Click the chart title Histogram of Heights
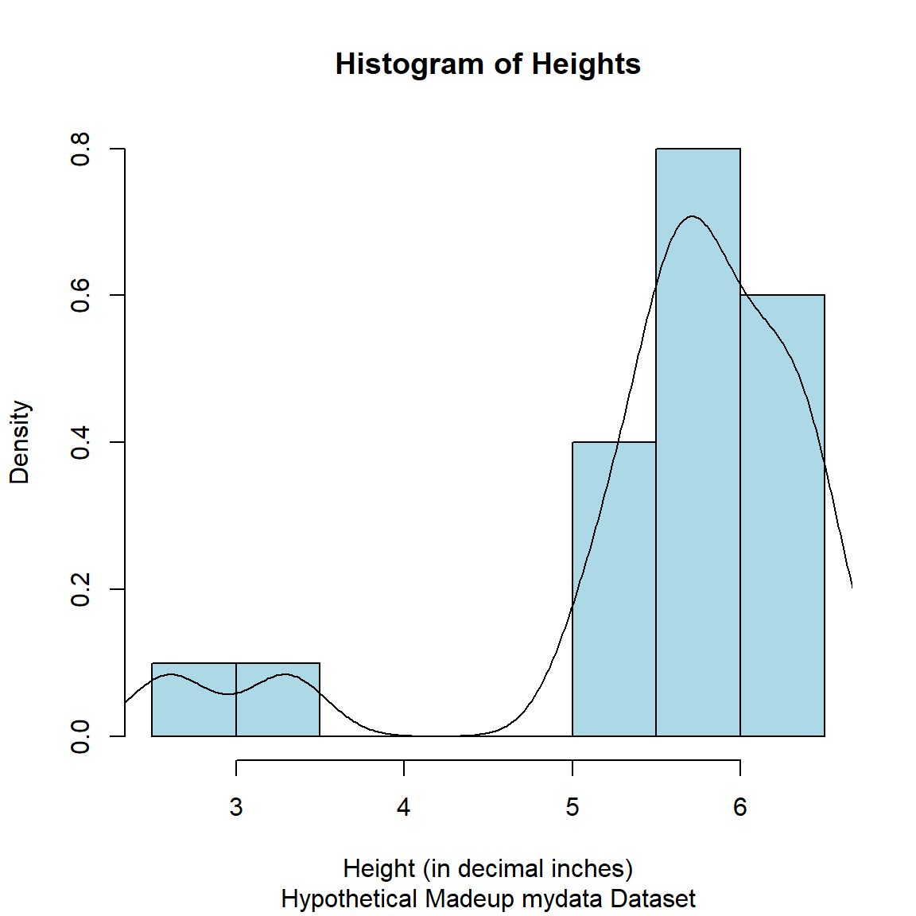click(487, 64)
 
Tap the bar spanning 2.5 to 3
click(194, 708)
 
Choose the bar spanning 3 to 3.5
click(278, 708)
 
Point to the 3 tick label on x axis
click(236, 808)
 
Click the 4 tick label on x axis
click(404, 808)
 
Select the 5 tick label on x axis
click(572, 808)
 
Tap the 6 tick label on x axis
click(740, 808)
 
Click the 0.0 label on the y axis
click(81, 736)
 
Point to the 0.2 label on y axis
click(81, 589)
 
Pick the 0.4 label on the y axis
click(81, 442)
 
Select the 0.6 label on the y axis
click(81, 295)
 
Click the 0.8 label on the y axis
click(81, 149)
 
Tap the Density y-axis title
click(19, 442)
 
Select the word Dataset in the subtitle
click(653, 899)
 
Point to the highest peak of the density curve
click(692, 216)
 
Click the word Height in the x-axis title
click(379, 869)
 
